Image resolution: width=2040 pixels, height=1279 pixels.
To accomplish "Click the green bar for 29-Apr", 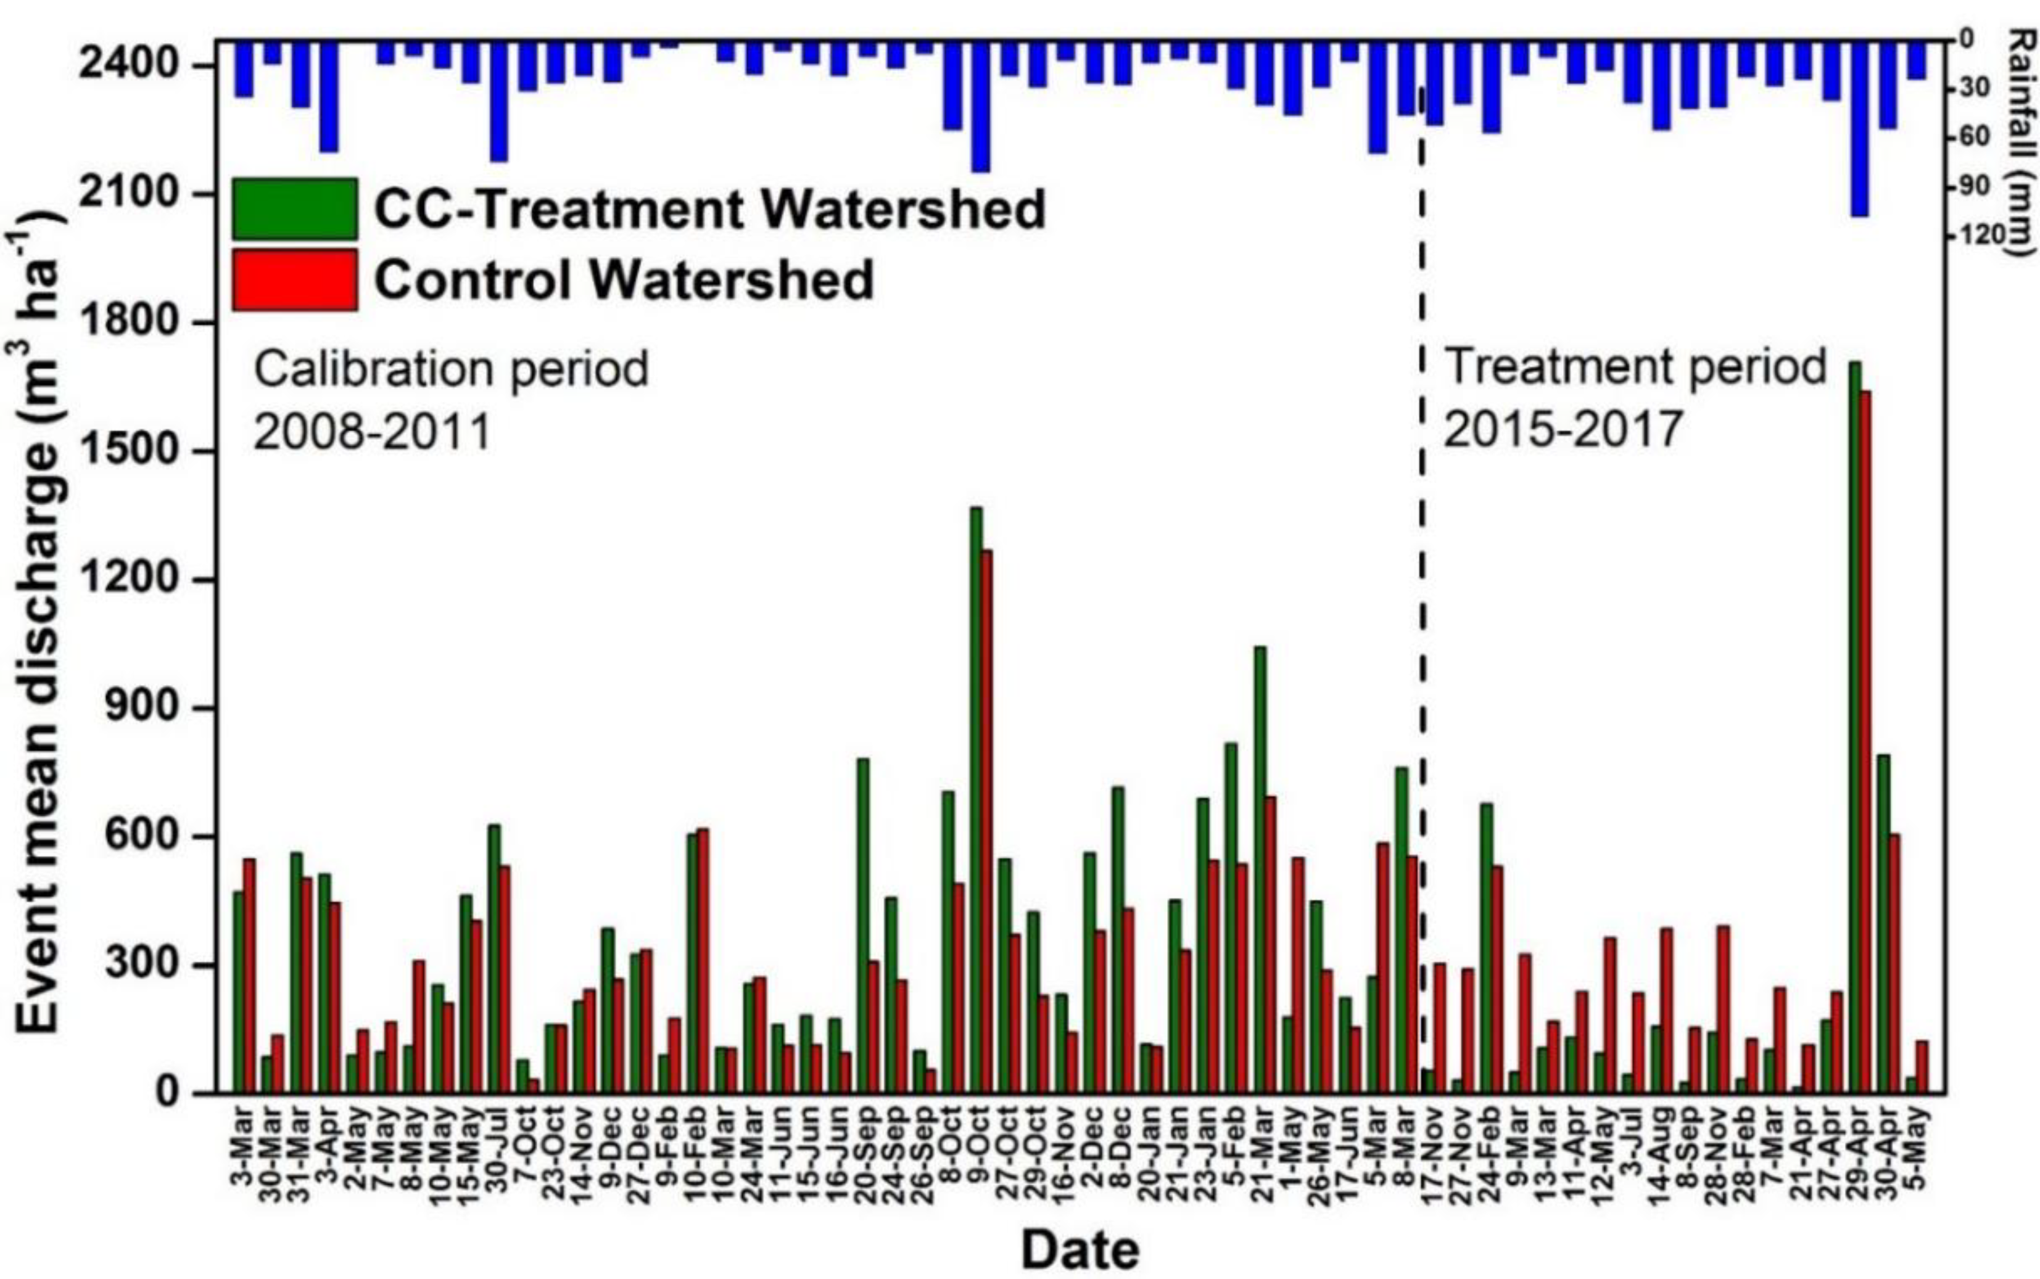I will (x=1855, y=728).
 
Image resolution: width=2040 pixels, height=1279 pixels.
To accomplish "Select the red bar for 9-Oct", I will (x=986, y=821).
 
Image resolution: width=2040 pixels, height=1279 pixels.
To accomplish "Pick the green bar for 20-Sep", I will (x=863, y=926).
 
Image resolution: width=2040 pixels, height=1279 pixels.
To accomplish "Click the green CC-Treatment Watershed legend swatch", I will (x=294, y=208).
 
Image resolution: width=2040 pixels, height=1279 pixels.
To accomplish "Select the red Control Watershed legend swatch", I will (x=294, y=280).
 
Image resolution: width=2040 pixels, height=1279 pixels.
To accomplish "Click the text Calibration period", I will (x=451, y=369).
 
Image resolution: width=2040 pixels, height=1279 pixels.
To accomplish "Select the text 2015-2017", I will (x=1562, y=429).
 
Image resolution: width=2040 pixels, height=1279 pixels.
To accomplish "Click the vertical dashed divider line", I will (x=1423, y=592).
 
